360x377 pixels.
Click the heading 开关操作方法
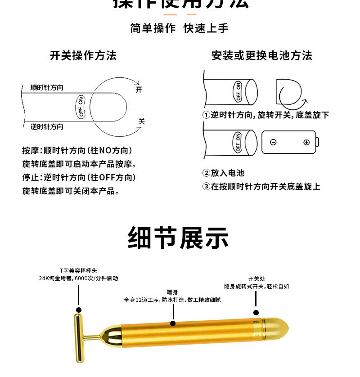click(83, 55)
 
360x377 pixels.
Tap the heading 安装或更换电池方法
click(261, 55)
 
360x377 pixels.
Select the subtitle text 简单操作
click(153, 28)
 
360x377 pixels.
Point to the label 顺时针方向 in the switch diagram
click(47, 88)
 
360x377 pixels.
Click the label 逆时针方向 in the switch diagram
click(47, 127)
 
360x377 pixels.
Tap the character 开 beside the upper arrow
click(139, 89)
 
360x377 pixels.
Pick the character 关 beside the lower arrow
click(141, 121)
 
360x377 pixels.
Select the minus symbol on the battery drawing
click(273, 143)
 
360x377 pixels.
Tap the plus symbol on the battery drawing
click(306, 143)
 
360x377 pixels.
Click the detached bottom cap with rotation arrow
click(288, 93)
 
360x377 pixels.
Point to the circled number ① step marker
click(207, 115)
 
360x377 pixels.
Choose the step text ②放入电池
click(223, 173)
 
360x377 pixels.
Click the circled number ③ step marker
click(207, 186)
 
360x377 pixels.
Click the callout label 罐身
click(172, 291)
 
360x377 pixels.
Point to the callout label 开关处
click(256, 278)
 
